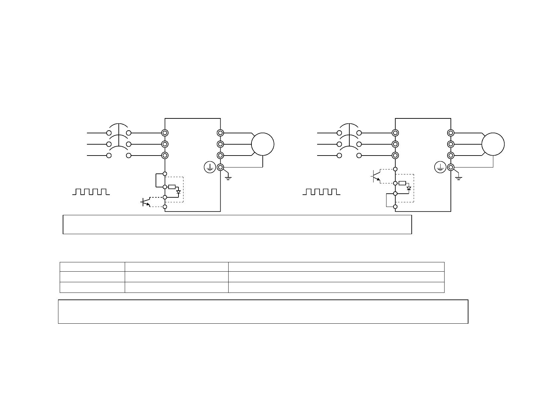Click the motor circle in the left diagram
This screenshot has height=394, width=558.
tap(263, 144)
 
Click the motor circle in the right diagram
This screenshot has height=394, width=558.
tap(493, 144)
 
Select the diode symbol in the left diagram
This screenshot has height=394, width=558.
tap(178, 192)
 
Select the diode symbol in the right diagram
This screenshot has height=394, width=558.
tap(409, 188)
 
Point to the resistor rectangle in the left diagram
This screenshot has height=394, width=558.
tap(172, 187)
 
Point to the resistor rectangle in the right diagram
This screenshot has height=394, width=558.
tap(402, 183)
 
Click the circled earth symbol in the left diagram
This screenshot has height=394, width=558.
tap(209, 167)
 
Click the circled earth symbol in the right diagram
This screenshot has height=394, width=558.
tap(440, 167)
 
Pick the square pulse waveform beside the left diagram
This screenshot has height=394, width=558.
tap(91, 192)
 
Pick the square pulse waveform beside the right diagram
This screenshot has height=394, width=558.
tap(321, 192)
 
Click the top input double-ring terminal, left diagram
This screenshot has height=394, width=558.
tap(165, 133)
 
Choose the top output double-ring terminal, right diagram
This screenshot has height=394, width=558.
tap(451, 133)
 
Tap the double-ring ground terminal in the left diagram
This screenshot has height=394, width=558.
tap(220, 167)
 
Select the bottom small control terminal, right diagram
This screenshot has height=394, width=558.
tap(395, 207)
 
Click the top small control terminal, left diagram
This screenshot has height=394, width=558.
tap(165, 174)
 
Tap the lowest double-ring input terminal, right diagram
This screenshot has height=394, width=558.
tap(395, 155)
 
